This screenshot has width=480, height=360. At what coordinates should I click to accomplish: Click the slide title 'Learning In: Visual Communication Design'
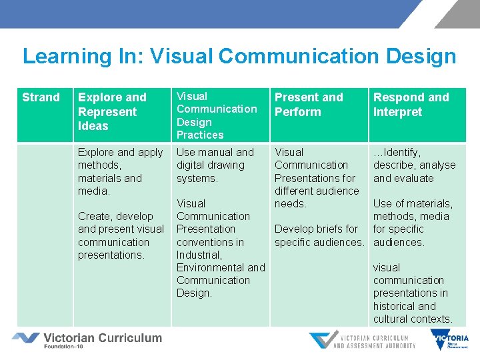[239, 56]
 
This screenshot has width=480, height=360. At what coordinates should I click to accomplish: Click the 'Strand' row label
[41, 97]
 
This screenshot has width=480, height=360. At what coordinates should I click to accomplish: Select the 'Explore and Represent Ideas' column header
[112, 111]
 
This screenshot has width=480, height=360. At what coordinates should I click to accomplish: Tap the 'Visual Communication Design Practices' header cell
[217, 115]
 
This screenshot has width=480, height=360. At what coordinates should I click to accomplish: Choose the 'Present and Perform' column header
[309, 105]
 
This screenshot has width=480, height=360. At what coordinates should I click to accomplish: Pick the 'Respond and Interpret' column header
[411, 105]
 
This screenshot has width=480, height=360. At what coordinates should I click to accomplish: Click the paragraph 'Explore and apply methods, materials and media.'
[120, 171]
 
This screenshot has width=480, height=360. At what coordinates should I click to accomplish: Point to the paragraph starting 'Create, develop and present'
[120, 235]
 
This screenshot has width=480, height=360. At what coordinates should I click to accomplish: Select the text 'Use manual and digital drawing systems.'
[215, 165]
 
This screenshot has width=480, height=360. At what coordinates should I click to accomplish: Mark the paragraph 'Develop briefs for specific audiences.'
[319, 235]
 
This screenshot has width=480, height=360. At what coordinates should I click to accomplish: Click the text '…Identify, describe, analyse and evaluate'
[414, 165]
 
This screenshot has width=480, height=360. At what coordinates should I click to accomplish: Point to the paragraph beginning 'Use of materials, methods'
[412, 223]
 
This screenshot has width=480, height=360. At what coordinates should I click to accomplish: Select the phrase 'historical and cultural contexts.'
[412, 313]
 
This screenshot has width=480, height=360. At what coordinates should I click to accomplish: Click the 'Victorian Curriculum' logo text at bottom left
[102, 337]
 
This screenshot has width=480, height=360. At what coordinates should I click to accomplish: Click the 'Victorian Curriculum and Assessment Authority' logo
[362, 339]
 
